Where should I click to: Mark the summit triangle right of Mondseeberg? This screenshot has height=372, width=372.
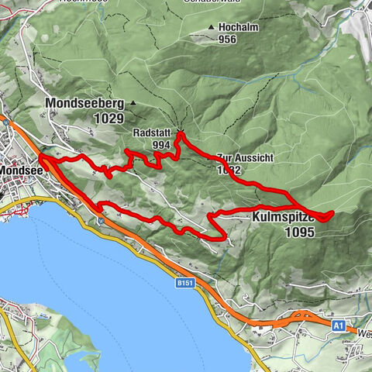[x=133, y=102]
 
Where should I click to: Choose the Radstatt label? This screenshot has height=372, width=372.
[x=151, y=132]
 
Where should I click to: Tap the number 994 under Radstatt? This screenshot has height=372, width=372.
[x=161, y=144]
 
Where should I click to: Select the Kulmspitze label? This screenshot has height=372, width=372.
[x=284, y=219]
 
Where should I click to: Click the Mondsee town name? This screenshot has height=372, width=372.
[x=18, y=169]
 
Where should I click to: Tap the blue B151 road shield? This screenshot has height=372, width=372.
[x=183, y=284]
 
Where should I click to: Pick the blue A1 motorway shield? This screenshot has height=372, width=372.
[x=339, y=326]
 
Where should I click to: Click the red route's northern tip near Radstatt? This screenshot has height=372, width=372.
[x=181, y=134]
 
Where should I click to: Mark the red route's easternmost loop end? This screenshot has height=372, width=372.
[x=332, y=213]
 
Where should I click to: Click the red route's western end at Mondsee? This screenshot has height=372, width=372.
[x=41, y=157]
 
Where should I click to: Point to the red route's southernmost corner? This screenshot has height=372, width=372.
[x=224, y=239]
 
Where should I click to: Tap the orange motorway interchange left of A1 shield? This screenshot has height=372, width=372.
[x=298, y=316]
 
